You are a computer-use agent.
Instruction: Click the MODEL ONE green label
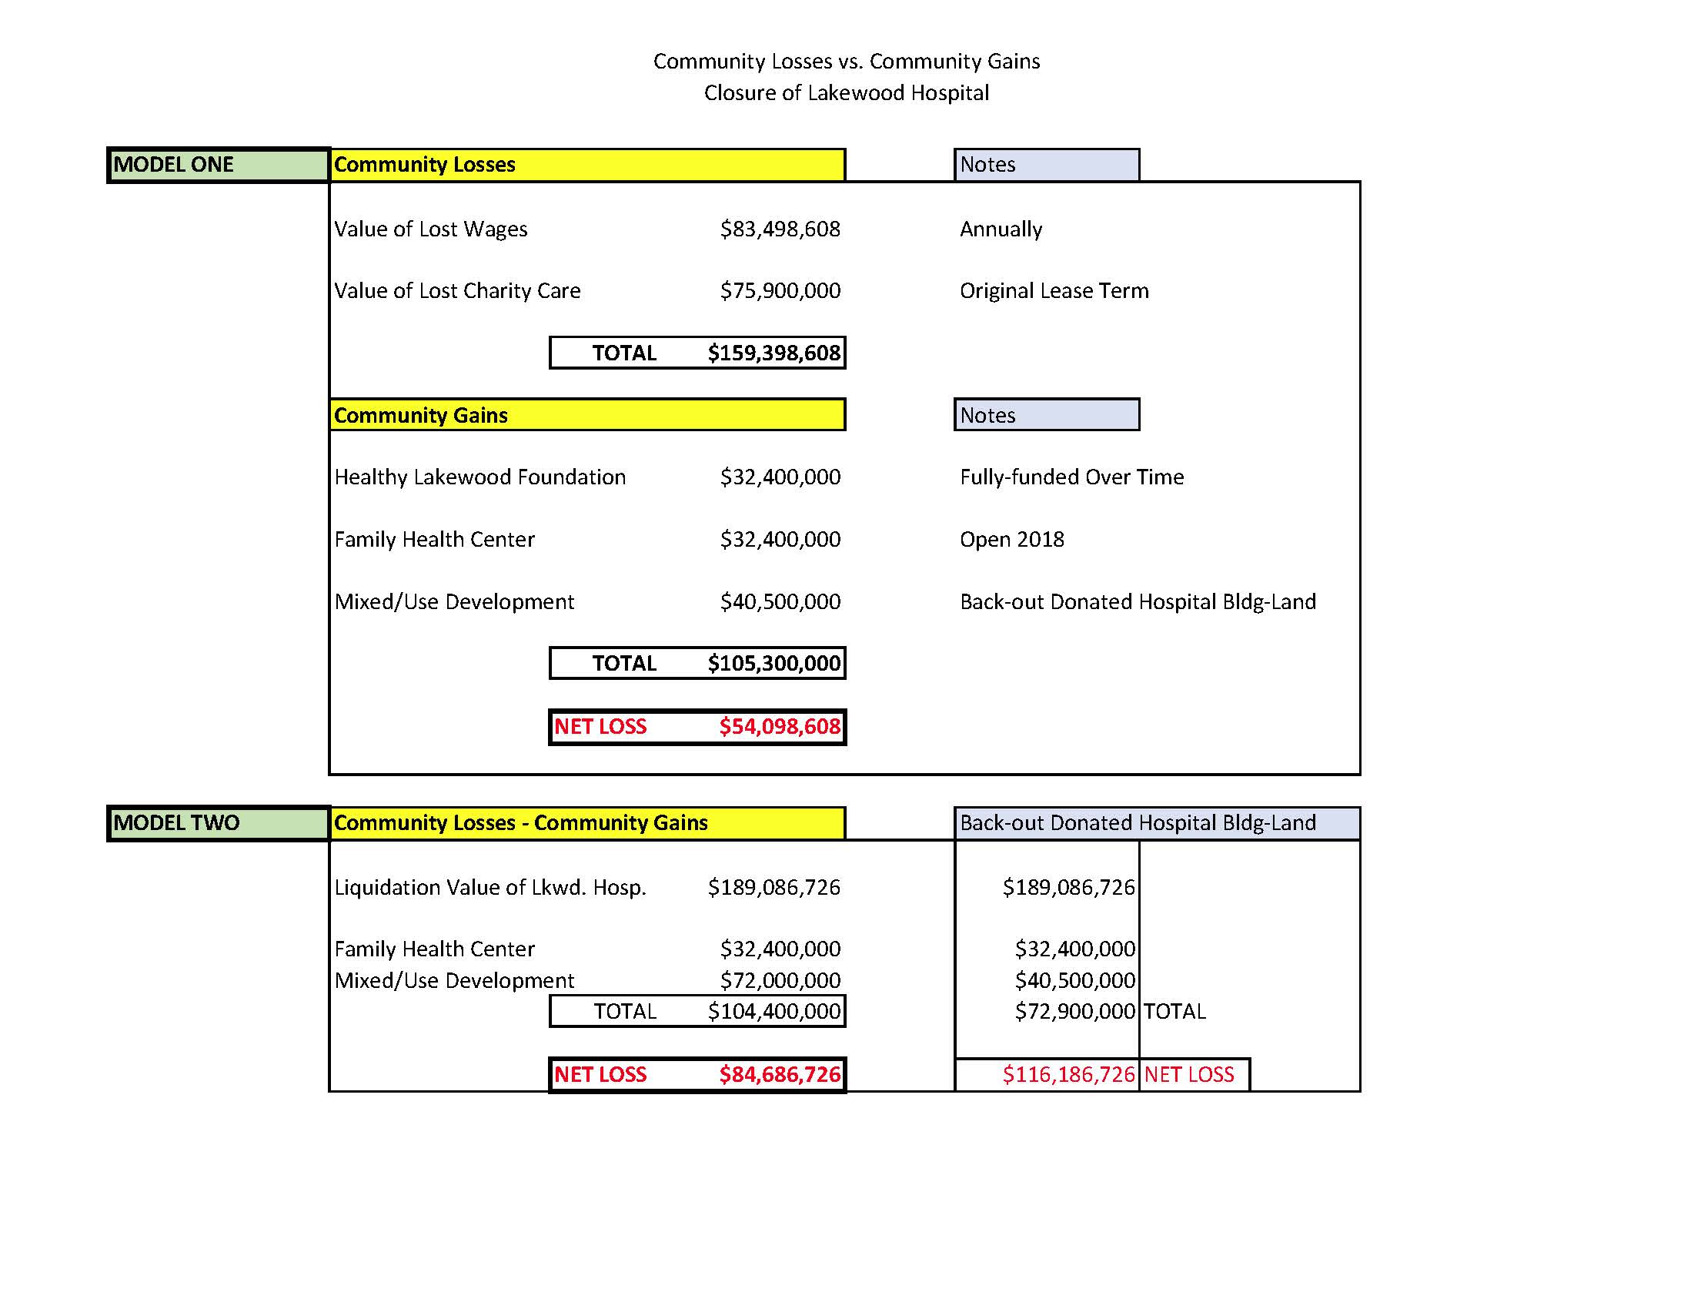[217, 165]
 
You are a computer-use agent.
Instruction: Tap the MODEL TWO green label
[217, 822]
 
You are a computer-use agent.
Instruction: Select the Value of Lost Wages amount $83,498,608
[780, 229]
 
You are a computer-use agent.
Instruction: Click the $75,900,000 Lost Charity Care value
[780, 291]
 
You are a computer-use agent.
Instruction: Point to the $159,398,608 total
[773, 353]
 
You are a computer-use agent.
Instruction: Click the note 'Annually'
[1001, 229]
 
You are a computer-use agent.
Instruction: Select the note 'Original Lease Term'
[1054, 291]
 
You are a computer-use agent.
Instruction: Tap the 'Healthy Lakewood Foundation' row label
[480, 477]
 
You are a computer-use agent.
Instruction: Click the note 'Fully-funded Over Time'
[1071, 477]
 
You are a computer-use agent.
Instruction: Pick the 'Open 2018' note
[1011, 539]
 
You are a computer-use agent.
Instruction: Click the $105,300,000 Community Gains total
[773, 664]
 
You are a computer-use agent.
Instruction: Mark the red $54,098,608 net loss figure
[779, 726]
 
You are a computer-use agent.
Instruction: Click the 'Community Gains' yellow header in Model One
[587, 415]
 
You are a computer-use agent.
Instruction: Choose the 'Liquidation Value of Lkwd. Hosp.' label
[490, 887]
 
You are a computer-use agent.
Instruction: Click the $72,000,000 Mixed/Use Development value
[780, 980]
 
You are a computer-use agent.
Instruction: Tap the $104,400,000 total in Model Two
[773, 1011]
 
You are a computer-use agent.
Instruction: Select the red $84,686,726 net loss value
[779, 1074]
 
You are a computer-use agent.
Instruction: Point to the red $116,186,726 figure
[1068, 1074]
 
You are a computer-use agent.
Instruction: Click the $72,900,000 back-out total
[1074, 1011]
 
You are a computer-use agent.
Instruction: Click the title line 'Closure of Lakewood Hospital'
[846, 93]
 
